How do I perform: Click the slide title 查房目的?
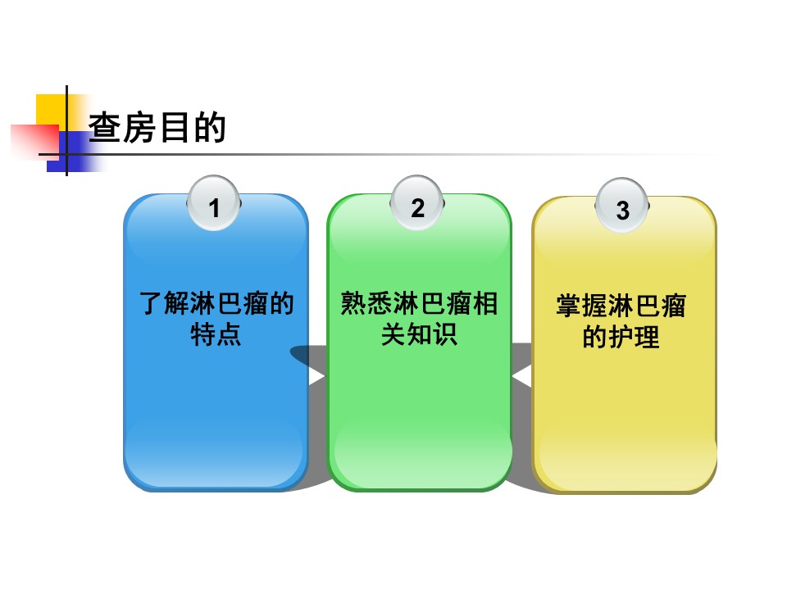point(157,128)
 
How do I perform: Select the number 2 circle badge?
point(418,207)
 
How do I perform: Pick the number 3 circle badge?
point(622,210)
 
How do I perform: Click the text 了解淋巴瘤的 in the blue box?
point(216,305)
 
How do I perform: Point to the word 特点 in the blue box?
point(216,334)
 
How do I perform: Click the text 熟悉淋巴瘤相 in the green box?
point(419,305)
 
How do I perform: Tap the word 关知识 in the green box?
point(419,334)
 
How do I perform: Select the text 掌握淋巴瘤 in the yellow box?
point(621,307)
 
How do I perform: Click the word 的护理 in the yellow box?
point(621,337)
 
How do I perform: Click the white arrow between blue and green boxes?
point(316,376)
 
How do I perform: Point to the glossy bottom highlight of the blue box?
point(215,451)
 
